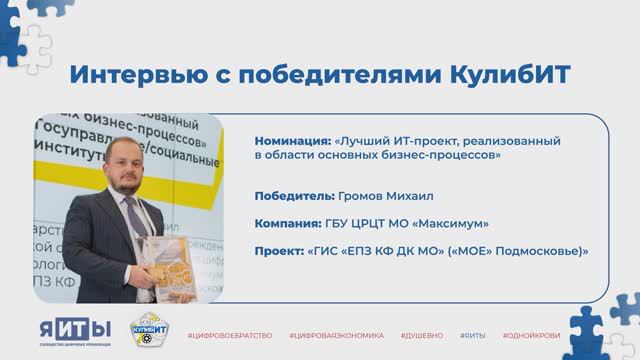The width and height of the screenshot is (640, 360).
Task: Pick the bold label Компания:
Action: [287, 224]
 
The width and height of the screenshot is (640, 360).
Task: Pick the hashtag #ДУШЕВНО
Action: [423, 332]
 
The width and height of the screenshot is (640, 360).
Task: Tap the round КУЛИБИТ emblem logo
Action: [150, 330]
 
